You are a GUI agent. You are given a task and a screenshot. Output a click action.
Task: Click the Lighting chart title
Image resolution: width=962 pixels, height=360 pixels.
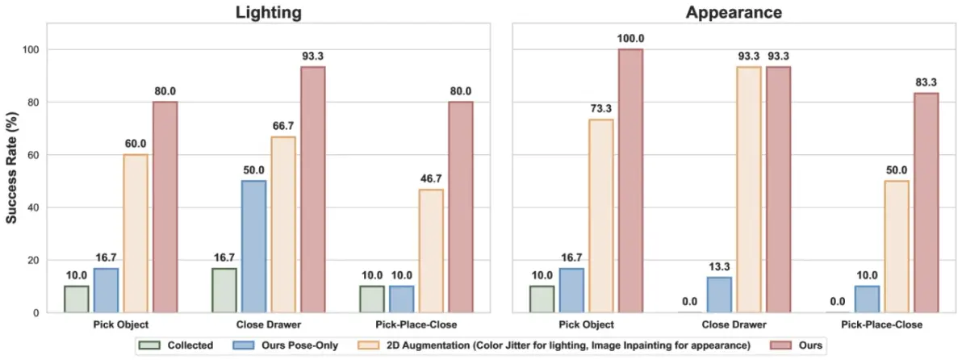[268, 13]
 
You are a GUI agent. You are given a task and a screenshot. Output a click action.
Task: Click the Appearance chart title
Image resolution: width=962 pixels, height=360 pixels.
[734, 13]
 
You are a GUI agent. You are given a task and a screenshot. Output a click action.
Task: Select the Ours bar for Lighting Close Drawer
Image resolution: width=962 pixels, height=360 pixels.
[312, 190]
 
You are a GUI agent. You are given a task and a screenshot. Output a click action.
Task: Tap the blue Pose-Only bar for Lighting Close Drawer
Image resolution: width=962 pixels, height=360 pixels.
[253, 246]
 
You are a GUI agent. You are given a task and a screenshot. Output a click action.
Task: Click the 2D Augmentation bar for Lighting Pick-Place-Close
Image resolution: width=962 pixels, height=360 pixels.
[430, 251]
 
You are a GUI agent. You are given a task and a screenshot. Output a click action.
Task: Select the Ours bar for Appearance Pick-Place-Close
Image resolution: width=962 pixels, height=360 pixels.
[926, 203]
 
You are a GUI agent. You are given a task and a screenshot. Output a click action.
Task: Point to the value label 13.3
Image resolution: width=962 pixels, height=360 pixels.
[719, 268]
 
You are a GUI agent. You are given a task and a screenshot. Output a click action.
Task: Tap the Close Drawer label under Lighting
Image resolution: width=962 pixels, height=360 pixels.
[268, 324]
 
